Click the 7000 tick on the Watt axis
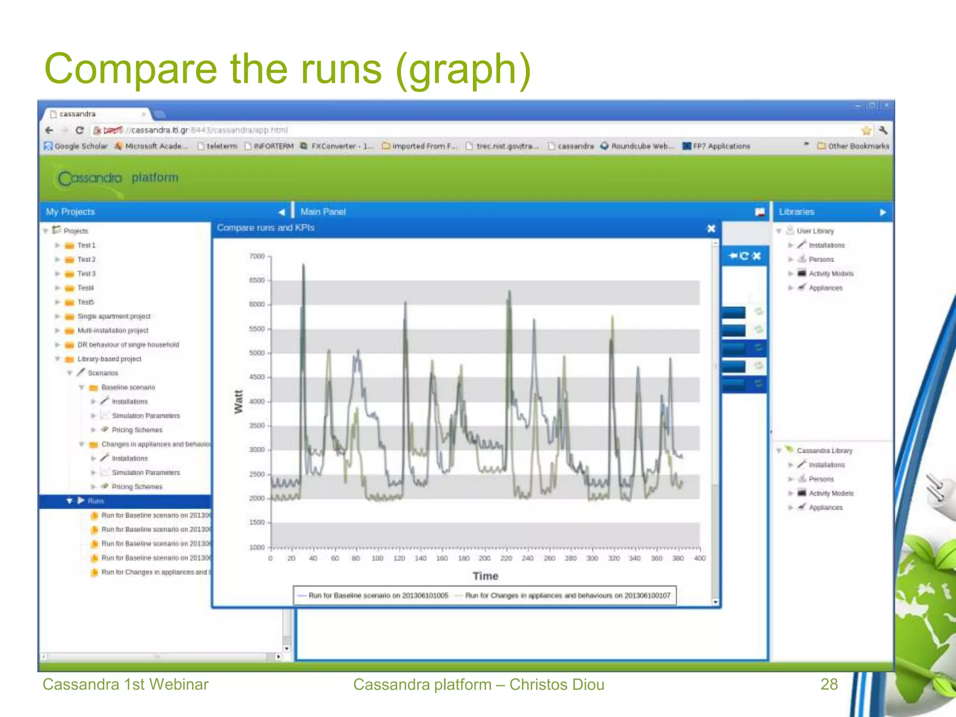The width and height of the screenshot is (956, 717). click(x=257, y=256)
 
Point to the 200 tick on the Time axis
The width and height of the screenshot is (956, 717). click(x=485, y=558)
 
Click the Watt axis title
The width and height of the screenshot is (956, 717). click(x=239, y=401)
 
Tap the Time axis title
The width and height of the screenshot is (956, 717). click(x=485, y=576)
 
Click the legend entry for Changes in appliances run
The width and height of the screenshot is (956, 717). click(x=567, y=596)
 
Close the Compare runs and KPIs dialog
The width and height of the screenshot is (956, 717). click(x=711, y=228)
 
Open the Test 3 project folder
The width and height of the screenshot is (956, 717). click(x=86, y=274)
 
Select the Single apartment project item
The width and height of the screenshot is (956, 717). click(x=113, y=316)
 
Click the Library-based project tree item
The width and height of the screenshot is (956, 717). click(x=109, y=359)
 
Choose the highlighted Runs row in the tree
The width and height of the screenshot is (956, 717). click(x=96, y=501)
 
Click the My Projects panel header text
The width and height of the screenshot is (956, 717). click(x=70, y=212)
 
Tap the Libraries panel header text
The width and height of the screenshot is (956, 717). click(x=796, y=212)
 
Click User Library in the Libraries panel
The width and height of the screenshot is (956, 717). click(x=815, y=231)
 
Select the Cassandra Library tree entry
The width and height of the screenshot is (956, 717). click(x=824, y=450)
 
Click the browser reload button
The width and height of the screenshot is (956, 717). click(x=80, y=130)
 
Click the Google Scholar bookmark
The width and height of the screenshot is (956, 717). click(x=80, y=146)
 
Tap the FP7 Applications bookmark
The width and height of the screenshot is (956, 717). click(x=721, y=146)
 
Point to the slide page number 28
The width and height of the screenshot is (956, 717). click(x=829, y=684)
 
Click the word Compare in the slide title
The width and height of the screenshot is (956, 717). click(x=131, y=69)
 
